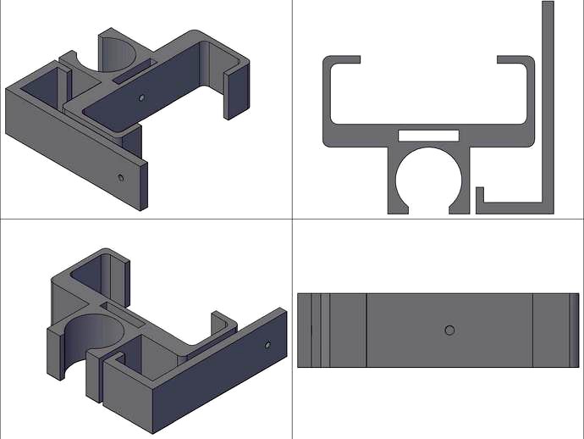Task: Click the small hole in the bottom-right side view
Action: click(x=449, y=329)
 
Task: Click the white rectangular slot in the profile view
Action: click(x=427, y=134)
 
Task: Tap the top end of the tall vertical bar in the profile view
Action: click(x=548, y=7)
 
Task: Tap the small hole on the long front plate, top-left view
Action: click(x=121, y=177)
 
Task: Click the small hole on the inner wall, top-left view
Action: click(x=141, y=97)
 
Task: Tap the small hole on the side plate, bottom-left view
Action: click(x=267, y=346)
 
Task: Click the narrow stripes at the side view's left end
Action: click(x=312, y=329)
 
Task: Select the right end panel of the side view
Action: click(x=555, y=329)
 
